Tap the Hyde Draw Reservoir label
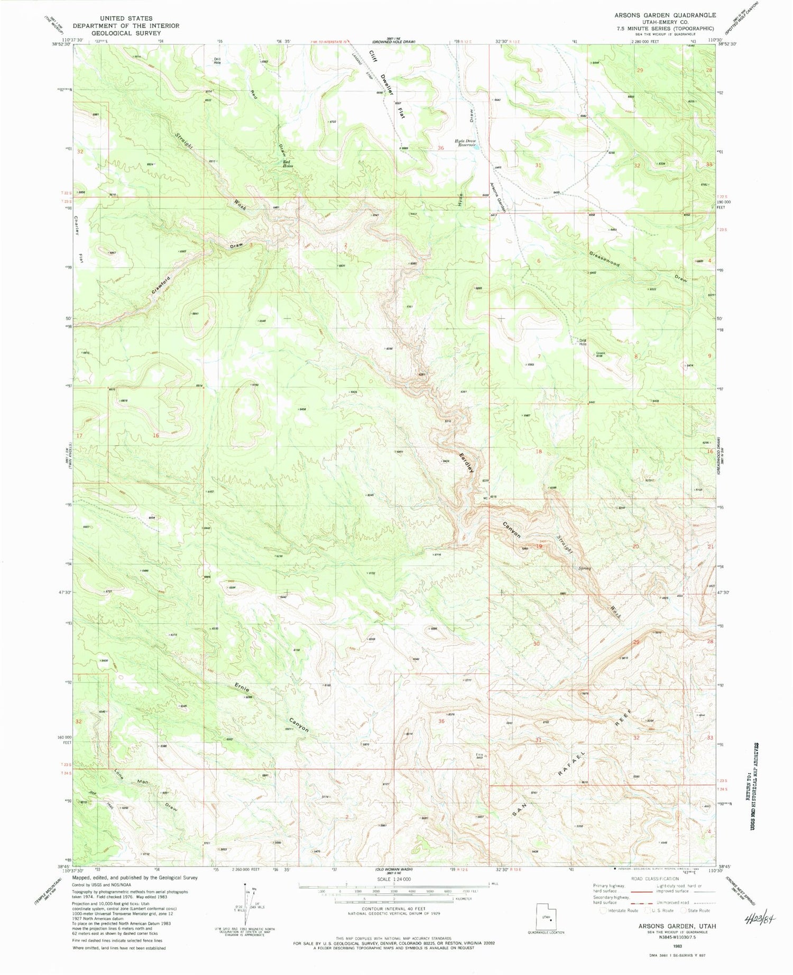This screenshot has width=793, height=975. [x=466, y=143]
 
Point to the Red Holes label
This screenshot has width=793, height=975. [x=288, y=164]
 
